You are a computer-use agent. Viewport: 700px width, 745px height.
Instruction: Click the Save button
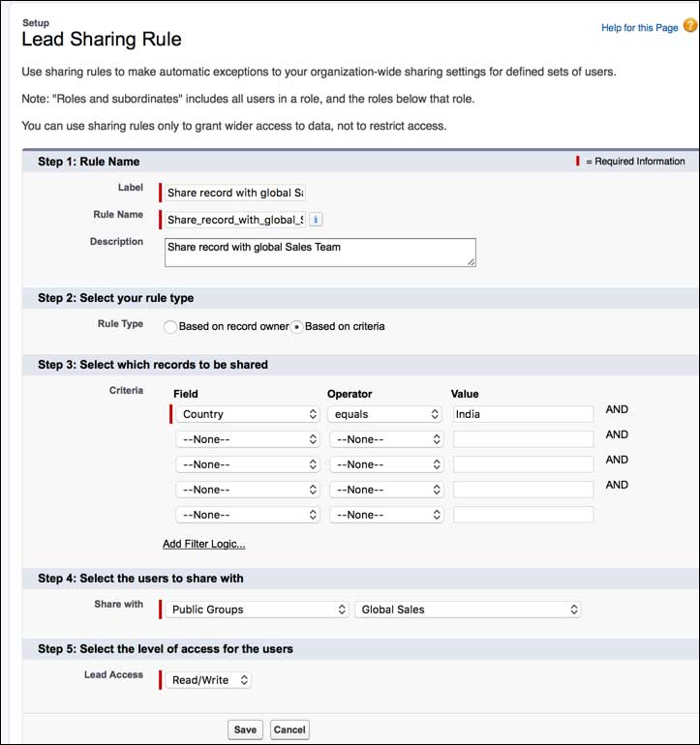[245, 730]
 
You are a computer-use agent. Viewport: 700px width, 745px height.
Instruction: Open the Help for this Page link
[639, 28]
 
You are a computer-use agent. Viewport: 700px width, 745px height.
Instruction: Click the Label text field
[235, 193]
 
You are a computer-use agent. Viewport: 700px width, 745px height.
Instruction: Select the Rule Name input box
[235, 220]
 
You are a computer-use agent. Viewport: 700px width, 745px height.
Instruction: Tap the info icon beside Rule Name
[316, 220]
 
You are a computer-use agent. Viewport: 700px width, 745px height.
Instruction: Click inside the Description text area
[320, 253]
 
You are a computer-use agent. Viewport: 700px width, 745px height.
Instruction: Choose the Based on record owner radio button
[170, 327]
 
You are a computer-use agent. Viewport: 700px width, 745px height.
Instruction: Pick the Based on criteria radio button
[297, 327]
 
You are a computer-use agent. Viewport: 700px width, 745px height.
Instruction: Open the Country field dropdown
[248, 414]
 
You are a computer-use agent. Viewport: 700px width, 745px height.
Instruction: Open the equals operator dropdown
[384, 414]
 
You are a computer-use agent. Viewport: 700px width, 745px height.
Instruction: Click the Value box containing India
[523, 414]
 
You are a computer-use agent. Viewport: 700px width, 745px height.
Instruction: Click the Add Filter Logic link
[203, 544]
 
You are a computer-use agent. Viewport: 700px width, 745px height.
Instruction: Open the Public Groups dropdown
[257, 610]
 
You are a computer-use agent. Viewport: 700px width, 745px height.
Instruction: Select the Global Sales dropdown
[468, 610]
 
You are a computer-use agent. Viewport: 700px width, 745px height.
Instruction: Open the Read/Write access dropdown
[208, 680]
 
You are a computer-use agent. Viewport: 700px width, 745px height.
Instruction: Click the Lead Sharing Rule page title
[102, 40]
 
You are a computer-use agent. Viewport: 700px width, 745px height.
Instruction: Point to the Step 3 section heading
[153, 365]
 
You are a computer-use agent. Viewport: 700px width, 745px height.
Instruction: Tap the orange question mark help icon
[689, 26]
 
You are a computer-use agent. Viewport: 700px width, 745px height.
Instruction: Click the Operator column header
[350, 394]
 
